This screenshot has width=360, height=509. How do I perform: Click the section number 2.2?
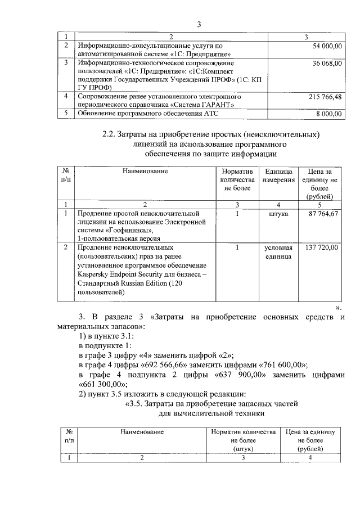tap(108, 135)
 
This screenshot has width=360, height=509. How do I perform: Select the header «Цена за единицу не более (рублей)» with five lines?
tap(321, 183)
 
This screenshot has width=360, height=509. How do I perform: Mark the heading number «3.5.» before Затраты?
tap(133, 403)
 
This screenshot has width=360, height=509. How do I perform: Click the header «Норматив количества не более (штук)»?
tap(244, 440)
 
